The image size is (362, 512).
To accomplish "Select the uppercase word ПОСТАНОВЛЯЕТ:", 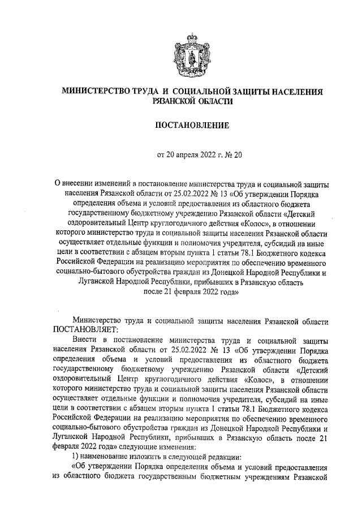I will (84, 330).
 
